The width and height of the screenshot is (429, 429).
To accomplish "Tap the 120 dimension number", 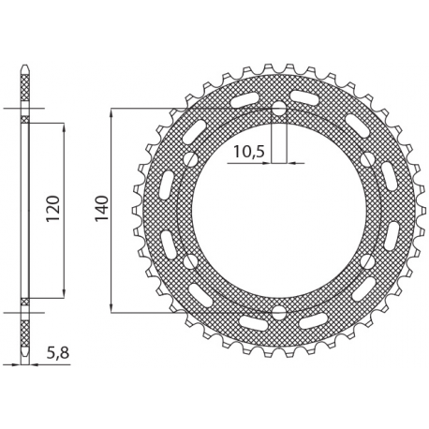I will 53,209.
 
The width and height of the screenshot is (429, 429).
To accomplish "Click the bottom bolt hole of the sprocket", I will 278,311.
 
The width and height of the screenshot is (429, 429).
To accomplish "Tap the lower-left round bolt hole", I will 191,261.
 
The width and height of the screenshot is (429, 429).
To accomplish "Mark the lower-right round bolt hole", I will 365,261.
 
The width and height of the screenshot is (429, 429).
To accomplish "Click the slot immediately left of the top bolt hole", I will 251,98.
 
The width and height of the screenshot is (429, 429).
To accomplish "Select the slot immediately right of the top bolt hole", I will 305,98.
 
